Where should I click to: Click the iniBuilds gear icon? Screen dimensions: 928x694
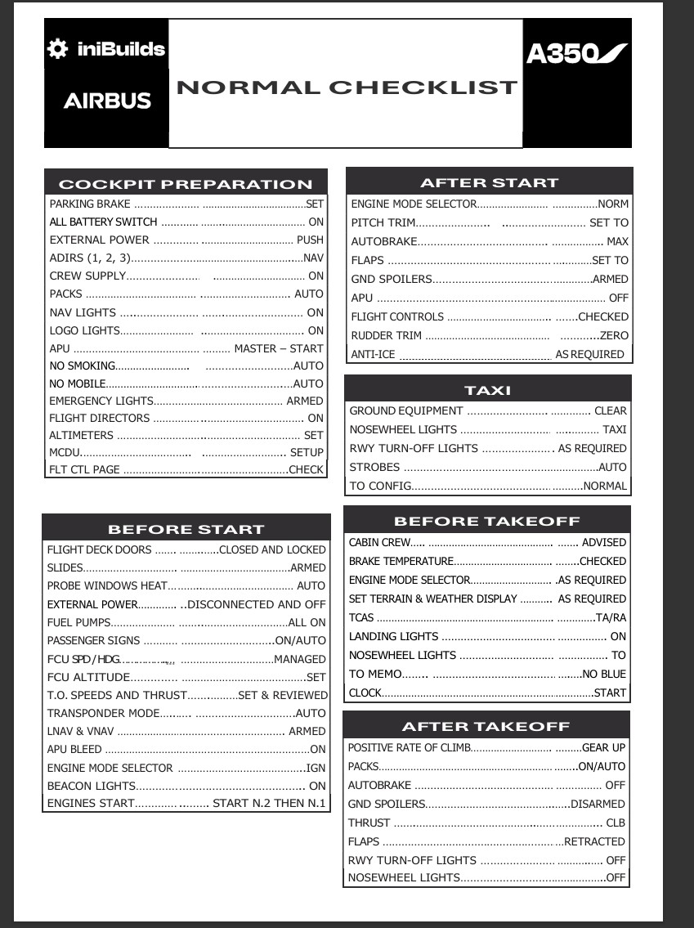tap(57, 49)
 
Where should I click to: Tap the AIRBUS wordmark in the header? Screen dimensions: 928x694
tap(107, 101)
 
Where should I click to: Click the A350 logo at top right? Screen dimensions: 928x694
tap(576, 53)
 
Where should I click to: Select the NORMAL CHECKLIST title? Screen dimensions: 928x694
tap(347, 87)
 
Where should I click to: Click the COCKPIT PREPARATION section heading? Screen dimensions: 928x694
tap(186, 184)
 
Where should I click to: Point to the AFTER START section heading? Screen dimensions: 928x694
tap(489, 182)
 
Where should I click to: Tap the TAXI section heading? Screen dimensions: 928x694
tap(487, 390)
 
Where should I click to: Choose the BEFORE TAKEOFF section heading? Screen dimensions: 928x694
tap(487, 521)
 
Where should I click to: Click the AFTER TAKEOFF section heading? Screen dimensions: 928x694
tap(486, 726)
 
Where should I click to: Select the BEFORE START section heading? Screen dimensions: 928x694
tap(186, 529)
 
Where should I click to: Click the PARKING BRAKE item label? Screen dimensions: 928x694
tap(90, 204)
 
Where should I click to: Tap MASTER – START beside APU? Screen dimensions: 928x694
tap(279, 348)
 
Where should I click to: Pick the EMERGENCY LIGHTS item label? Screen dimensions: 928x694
tap(101, 401)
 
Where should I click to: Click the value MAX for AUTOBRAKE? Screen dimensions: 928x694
tap(617, 242)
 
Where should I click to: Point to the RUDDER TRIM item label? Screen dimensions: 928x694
tap(387, 335)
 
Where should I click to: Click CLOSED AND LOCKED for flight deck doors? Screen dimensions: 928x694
tap(272, 550)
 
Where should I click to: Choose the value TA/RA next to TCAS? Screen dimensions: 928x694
tap(611, 617)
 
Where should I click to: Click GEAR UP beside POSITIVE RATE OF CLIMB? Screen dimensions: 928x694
tap(603, 747)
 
